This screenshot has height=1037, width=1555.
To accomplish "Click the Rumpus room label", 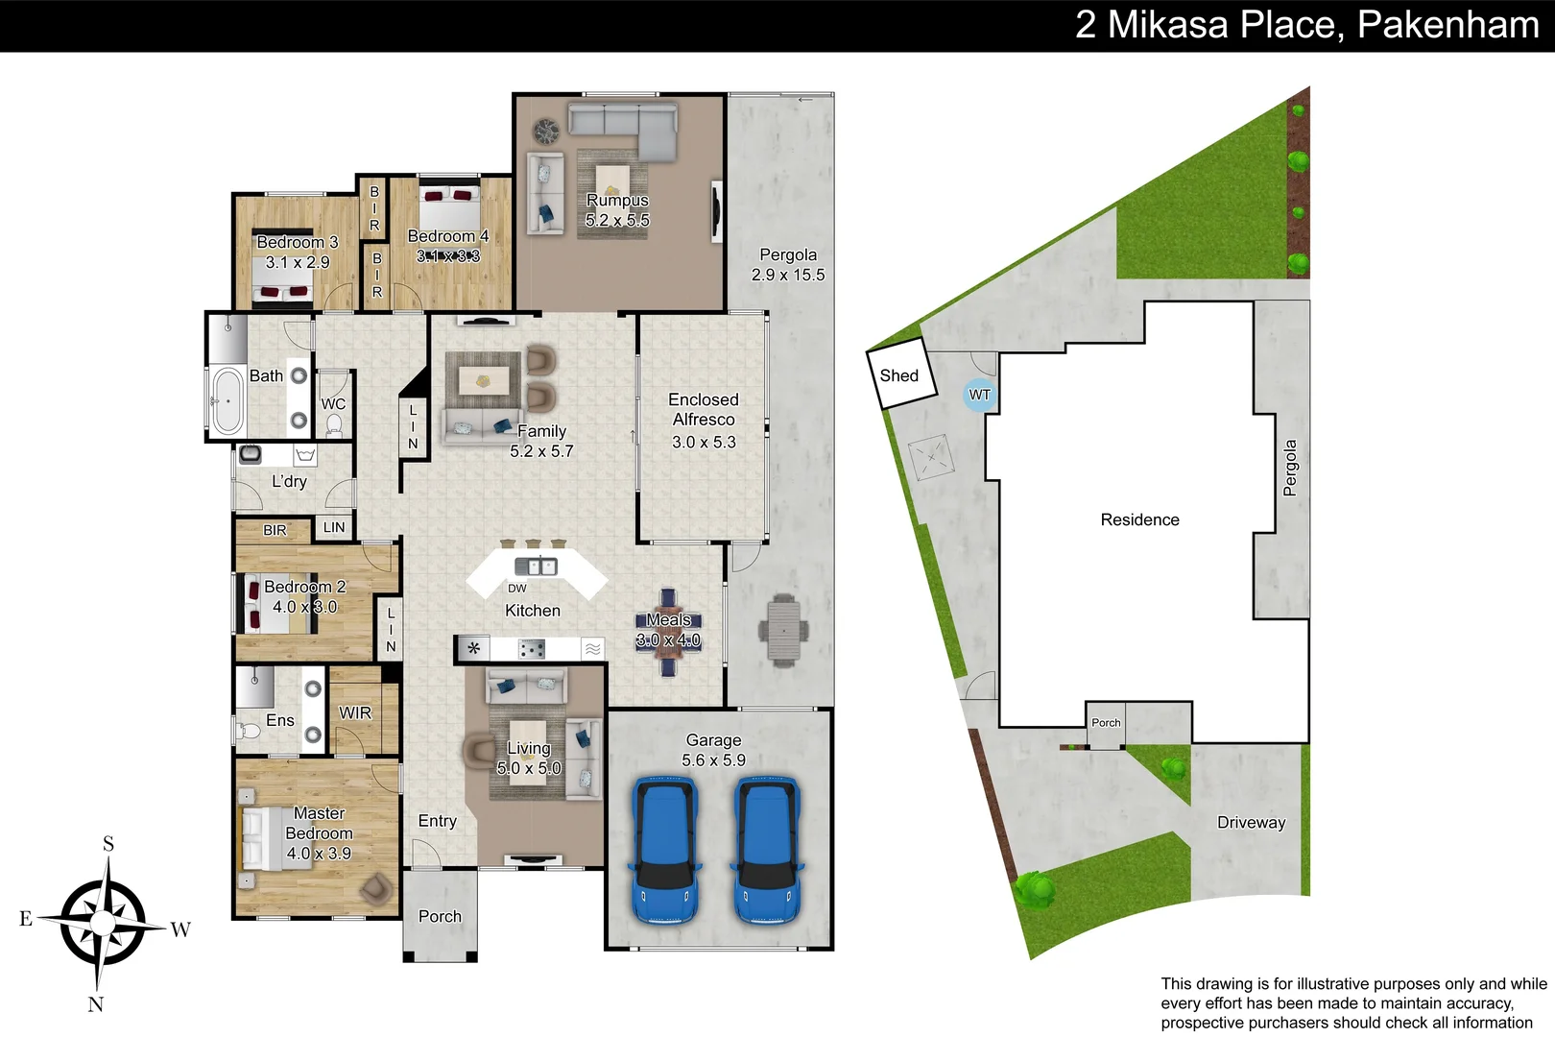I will pos(617,201).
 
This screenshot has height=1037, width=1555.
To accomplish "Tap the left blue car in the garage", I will pos(664,850).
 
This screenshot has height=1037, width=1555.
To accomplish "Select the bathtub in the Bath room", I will pos(227,400).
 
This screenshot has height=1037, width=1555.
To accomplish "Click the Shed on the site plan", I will pos(898,374).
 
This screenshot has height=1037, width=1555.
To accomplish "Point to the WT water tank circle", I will pos(979,395).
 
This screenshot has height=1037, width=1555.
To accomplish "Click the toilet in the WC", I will pos(334,424).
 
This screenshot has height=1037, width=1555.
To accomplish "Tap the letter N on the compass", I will pos(95,1004).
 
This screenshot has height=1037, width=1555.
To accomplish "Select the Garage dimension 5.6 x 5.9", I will pos(713,760).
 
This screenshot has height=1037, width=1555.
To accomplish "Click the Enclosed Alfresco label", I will pos(704,409).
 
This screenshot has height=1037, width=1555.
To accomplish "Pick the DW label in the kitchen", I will pos(516,589).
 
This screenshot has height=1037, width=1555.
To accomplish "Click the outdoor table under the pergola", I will pos(783,630).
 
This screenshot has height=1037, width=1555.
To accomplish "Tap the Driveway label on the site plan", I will pos(1251,823).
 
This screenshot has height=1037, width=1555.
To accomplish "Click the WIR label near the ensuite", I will pos(355,712).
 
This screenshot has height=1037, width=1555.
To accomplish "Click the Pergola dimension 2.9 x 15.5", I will pos(788,275).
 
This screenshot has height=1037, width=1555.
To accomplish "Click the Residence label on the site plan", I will pos(1139,519).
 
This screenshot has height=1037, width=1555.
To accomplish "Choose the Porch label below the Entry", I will pos(440,916).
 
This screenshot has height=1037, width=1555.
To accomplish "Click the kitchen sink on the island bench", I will pos(535,566).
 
